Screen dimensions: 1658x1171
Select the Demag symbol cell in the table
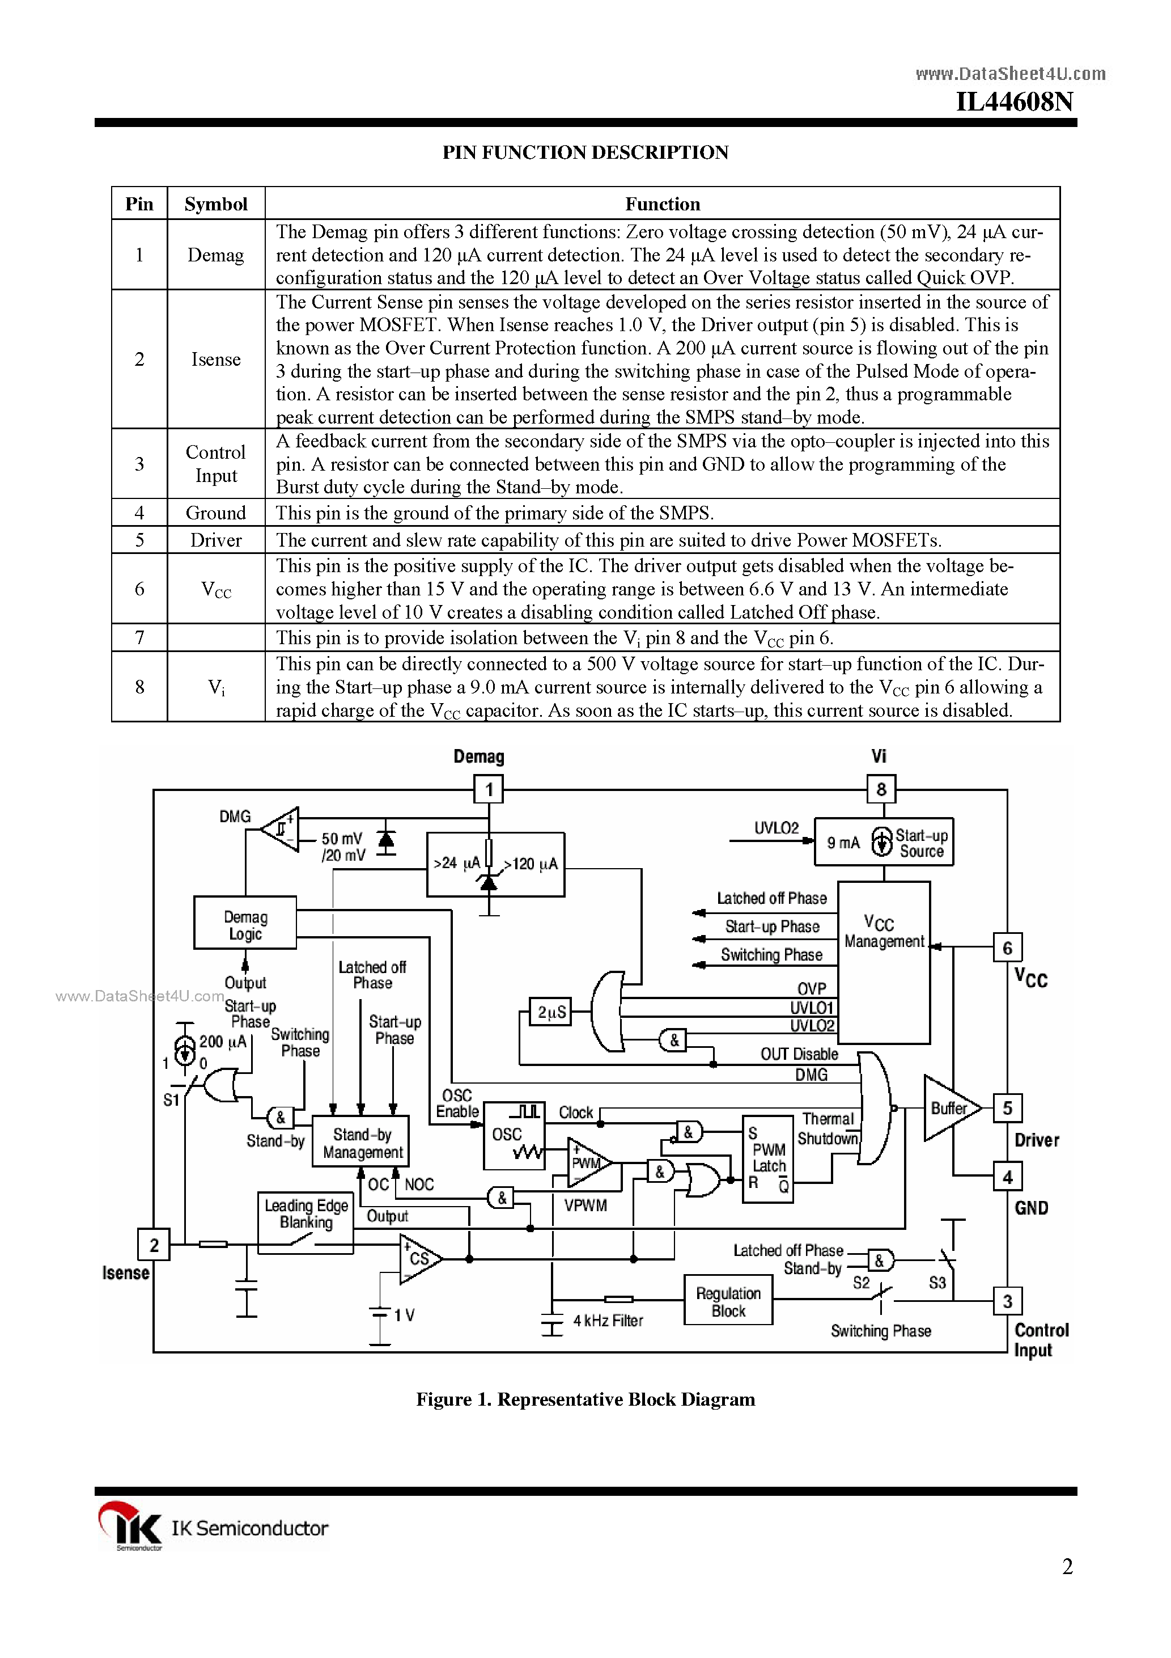click(215, 255)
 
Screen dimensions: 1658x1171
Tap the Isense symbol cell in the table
click(215, 359)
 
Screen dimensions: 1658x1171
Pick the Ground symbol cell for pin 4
click(215, 513)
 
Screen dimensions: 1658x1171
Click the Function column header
click(662, 204)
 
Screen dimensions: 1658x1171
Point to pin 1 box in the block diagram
click(489, 789)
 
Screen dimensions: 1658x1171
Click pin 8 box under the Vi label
click(881, 789)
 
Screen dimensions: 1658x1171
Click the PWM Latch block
click(768, 1159)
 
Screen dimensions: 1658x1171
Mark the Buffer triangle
click(949, 1109)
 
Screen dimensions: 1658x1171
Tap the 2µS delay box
click(551, 1012)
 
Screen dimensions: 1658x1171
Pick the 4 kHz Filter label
click(607, 1321)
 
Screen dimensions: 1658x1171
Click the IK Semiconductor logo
click(213, 1527)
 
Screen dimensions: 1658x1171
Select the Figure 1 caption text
click(585, 1399)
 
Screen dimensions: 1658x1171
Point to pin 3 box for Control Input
click(1007, 1301)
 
